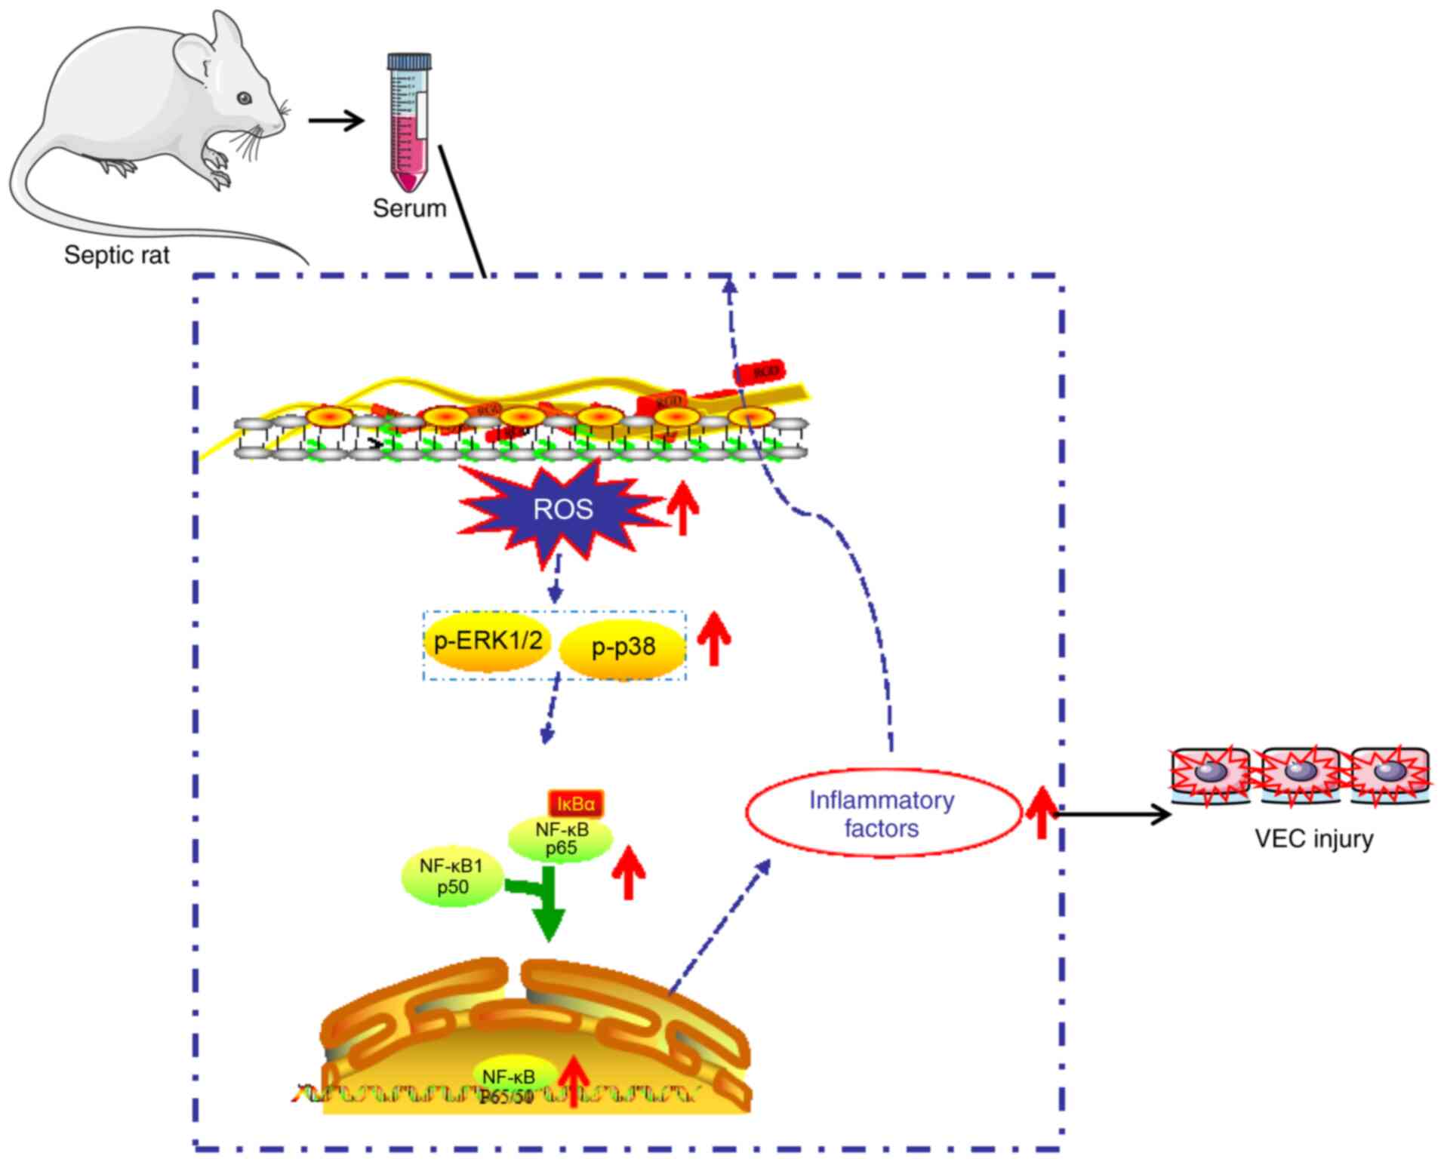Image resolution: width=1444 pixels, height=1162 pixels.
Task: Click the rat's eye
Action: pyautogui.click(x=244, y=98)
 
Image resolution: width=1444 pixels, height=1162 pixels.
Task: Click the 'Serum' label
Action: pyautogui.click(x=409, y=208)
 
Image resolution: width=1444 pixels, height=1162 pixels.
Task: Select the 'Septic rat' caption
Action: pyautogui.click(x=117, y=255)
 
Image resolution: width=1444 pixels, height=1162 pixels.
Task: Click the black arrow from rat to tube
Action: pyautogui.click(x=336, y=120)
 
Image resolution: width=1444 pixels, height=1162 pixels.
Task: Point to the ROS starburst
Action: pyautogui.click(x=563, y=509)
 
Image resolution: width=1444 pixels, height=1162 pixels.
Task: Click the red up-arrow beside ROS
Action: pyautogui.click(x=683, y=507)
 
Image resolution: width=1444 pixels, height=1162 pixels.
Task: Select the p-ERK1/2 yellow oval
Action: pyautogui.click(x=488, y=641)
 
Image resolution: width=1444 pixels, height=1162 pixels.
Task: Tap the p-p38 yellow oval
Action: pyautogui.click(x=623, y=647)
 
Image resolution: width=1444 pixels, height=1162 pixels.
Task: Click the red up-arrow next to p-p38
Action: pyautogui.click(x=714, y=638)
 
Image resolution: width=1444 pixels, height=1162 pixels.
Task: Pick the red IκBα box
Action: pyautogui.click(x=577, y=804)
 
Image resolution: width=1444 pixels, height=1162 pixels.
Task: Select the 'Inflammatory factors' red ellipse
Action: pyautogui.click(x=882, y=814)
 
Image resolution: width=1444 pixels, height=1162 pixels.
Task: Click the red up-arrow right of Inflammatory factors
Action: pyautogui.click(x=1042, y=812)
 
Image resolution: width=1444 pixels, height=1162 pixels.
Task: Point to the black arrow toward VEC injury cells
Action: pyautogui.click(x=1113, y=813)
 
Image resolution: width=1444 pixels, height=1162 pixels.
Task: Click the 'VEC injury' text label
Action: pyautogui.click(x=1313, y=839)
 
